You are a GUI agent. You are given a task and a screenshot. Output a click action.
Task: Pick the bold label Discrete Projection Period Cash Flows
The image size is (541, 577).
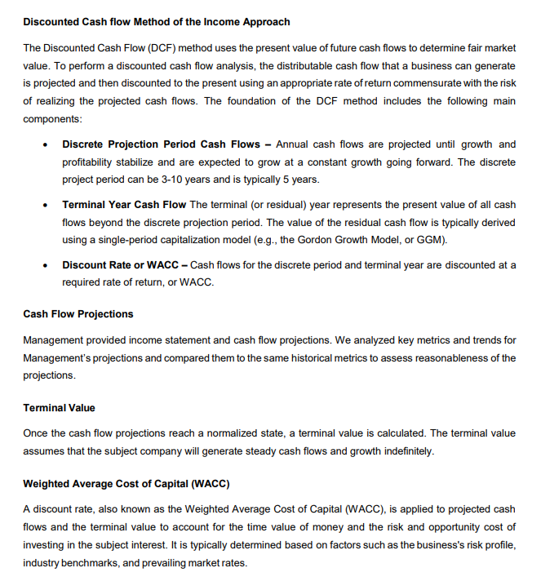click(160, 144)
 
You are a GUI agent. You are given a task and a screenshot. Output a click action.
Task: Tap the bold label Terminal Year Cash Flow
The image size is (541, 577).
click(124, 205)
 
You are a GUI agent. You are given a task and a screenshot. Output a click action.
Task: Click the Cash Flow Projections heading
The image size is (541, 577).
click(78, 314)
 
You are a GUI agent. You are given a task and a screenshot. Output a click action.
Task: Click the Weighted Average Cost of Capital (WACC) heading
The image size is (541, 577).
click(126, 484)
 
